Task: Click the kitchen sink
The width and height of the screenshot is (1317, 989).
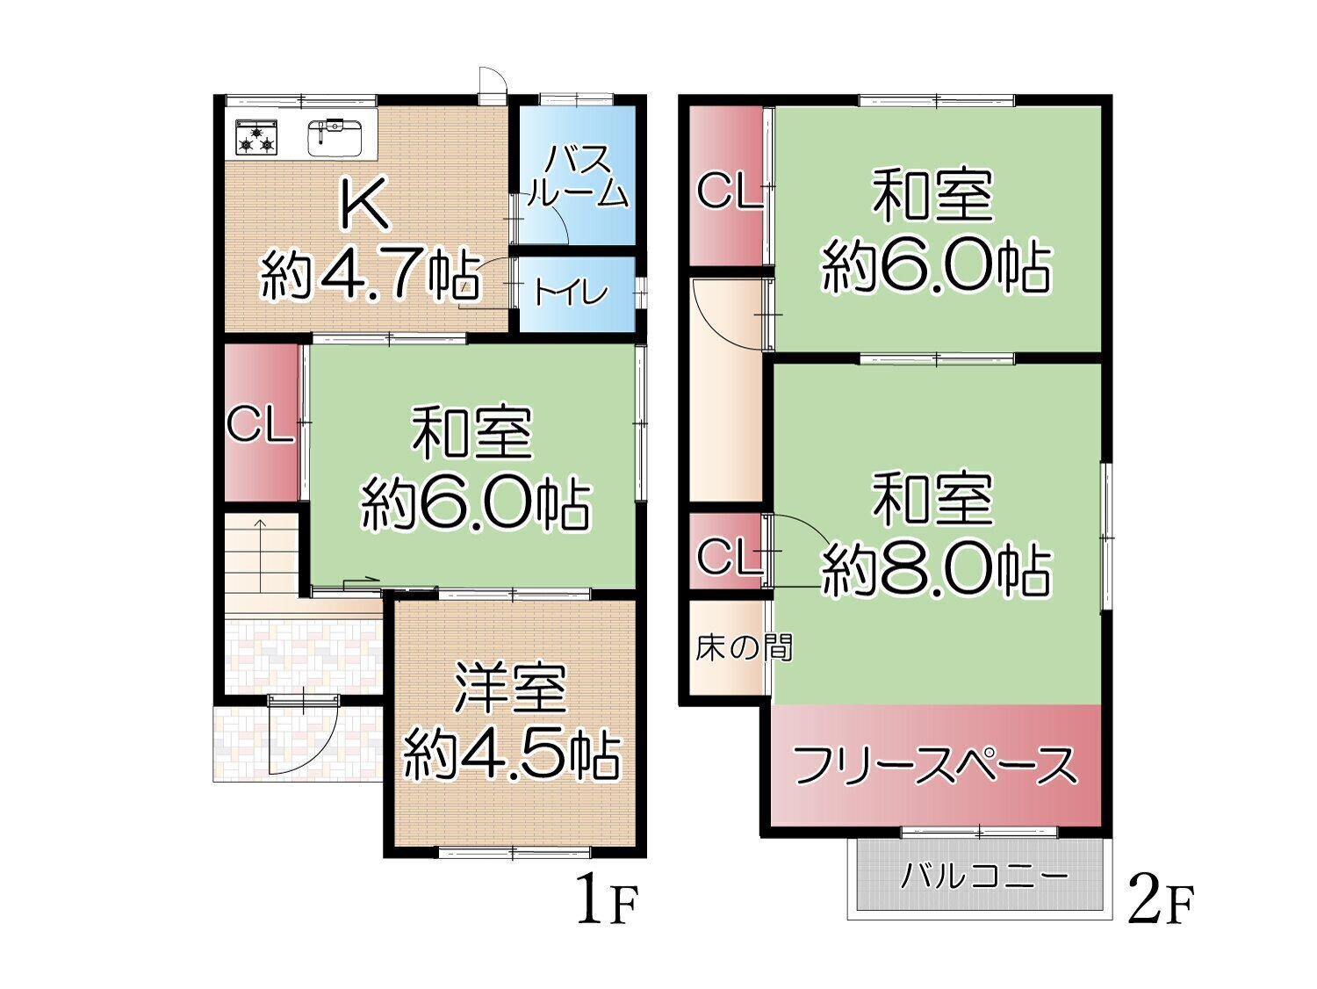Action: [x=335, y=136]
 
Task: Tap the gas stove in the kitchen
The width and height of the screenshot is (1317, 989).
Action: [x=256, y=137]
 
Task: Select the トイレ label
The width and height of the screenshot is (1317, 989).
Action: [x=572, y=294]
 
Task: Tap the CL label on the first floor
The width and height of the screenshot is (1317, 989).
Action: [x=261, y=425]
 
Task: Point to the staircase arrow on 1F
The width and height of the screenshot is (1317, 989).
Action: [x=261, y=554]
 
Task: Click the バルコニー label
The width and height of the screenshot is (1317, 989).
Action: [x=984, y=878]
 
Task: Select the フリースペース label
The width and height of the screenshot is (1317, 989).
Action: [x=935, y=767]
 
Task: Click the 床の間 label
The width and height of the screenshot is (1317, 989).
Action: [x=745, y=648]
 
